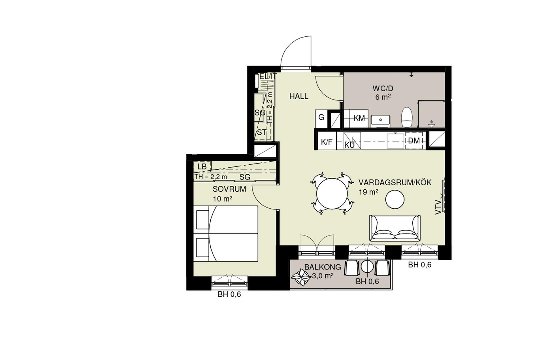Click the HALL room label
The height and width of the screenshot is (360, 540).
pyautogui.click(x=299, y=96)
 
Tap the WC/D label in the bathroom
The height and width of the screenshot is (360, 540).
pyautogui.click(x=383, y=89)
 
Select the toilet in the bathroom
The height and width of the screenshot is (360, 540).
pyautogui.click(x=407, y=117)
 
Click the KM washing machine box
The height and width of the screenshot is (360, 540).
pyautogui.click(x=356, y=118)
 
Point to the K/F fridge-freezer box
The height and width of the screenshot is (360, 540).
pyautogui.click(x=327, y=141)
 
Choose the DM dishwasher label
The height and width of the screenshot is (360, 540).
pyautogui.click(x=414, y=141)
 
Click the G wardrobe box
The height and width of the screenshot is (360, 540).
pyautogui.click(x=321, y=119)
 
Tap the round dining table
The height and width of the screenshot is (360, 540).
pyautogui.click(x=332, y=194)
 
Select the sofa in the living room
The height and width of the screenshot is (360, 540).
pyautogui.click(x=395, y=228)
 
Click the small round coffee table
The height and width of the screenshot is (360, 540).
pyautogui.click(x=395, y=199)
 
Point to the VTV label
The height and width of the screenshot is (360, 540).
pyautogui.click(x=438, y=208)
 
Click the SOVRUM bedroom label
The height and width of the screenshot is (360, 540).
pyautogui.click(x=229, y=189)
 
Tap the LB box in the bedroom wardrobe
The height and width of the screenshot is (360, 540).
pyautogui.click(x=202, y=166)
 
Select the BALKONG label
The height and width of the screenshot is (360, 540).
pyautogui.click(x=323, y=267)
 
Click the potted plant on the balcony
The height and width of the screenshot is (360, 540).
pyautogui.click(x=300, y=278)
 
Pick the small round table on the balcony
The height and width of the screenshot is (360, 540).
pyautogui.click(x=367, y=267)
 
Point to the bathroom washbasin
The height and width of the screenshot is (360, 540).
pyautogui.click(x=380, y=121)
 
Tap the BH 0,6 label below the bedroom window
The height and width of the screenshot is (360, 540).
pyautogui.click(x=229, y=294)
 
